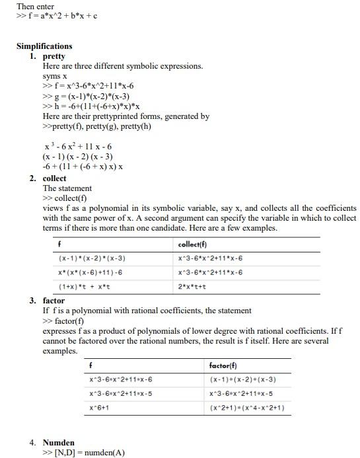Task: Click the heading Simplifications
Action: (44, 46)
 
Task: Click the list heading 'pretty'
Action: (54, 56)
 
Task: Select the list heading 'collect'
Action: (55, 178)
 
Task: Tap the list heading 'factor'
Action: (54, 301)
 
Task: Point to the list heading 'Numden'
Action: (59, 443)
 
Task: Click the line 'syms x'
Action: (55, 76)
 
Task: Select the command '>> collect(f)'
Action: (65, 198)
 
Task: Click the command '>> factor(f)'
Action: (63, 321)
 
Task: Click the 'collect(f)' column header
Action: (194, 245)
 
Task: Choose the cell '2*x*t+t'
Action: (192, 287)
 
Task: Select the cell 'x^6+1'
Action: (99, 408)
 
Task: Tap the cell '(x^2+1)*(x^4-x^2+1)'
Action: (247, 408)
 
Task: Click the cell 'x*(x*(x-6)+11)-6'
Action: (90, 272)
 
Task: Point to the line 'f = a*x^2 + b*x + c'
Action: (57, 16)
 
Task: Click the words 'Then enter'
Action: (36, 7)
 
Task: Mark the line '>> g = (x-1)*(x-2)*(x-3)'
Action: (86, 96)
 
